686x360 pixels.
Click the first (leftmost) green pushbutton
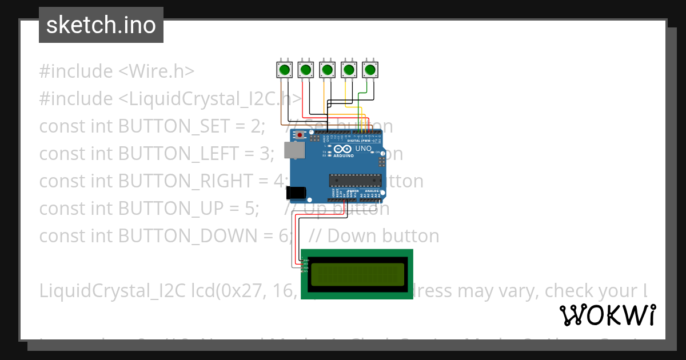point(284,70)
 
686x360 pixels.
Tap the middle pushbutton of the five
point(327,70)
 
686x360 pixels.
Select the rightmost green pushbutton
point(370,70)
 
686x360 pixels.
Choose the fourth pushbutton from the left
point(349,70)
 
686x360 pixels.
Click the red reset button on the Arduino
point(300,135)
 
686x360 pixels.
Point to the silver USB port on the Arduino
point(296,150)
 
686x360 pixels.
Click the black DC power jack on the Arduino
point(295,193)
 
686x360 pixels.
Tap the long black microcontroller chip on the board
point(354,181)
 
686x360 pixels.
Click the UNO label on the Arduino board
point(364,149)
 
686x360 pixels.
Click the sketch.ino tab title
point(101,25)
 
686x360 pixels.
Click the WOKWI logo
point(607,315)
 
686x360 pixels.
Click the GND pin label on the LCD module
point(306,260)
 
